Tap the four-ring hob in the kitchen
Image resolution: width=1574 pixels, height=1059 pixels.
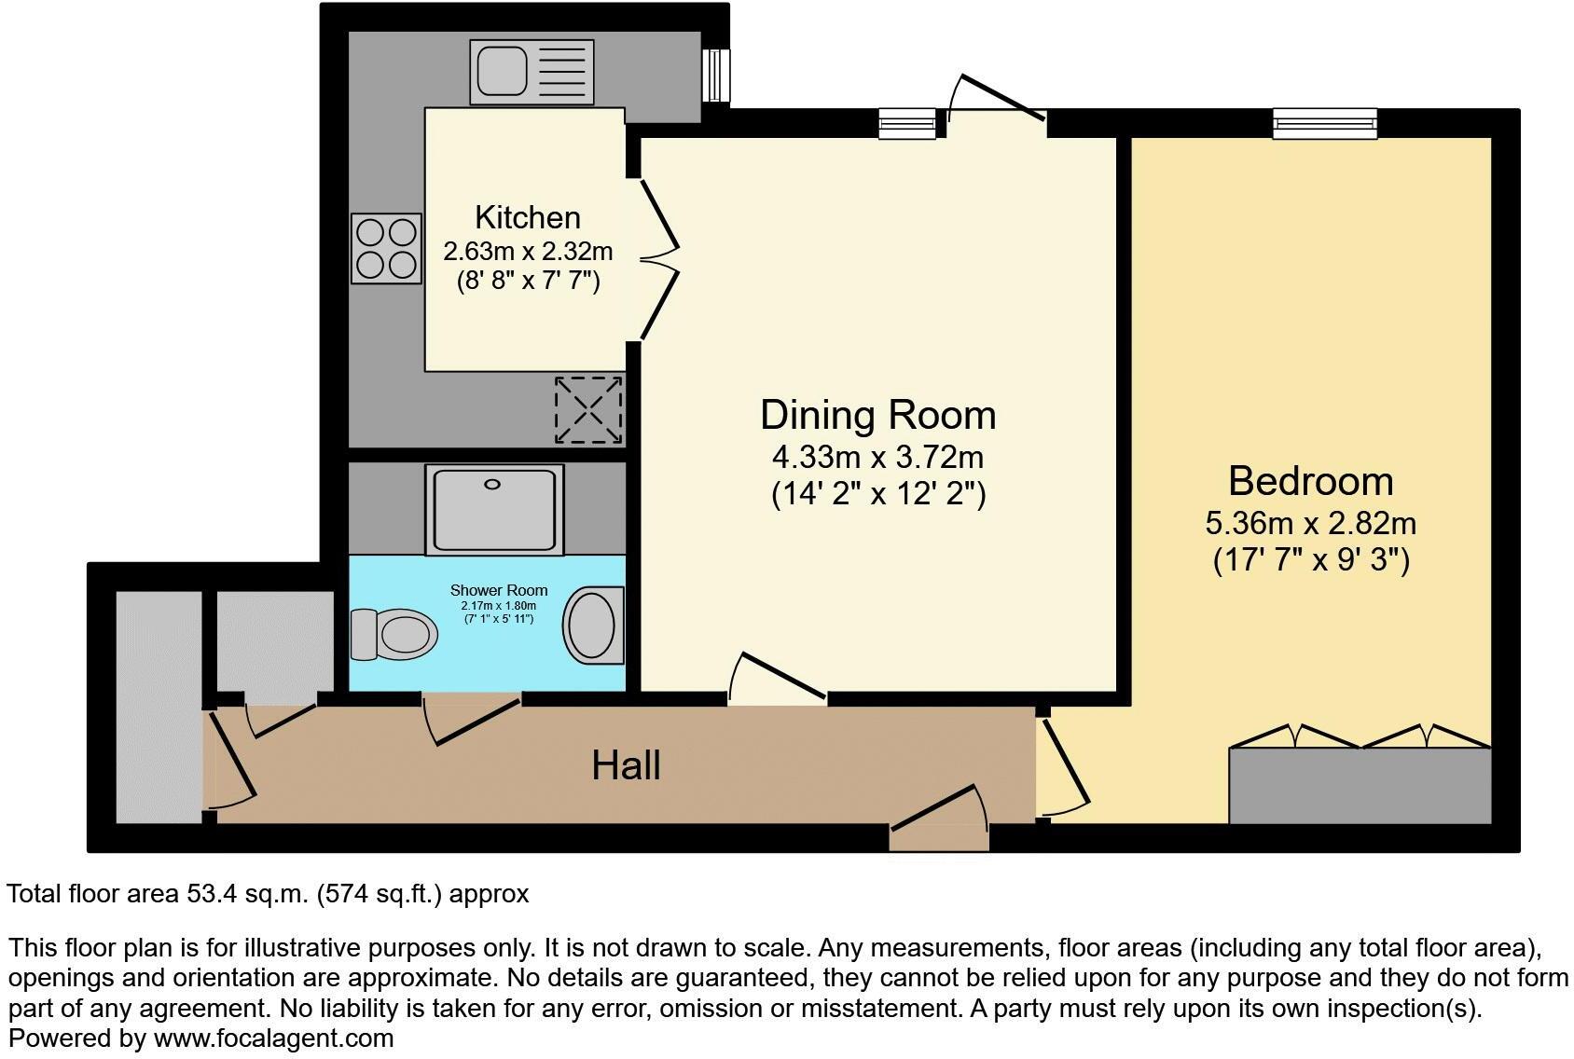[x=386, y=248]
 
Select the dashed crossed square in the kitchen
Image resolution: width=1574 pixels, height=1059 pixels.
[x=588, y=409]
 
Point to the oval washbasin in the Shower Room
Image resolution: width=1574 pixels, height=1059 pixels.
[x=592, y=625]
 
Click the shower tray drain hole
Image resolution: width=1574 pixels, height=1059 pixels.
[x=493, y=485]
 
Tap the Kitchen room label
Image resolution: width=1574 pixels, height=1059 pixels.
[x=528, y=217]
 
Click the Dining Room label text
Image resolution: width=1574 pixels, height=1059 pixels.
[x=877, y=415]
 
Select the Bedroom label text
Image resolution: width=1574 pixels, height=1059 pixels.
[x=1310, y=481]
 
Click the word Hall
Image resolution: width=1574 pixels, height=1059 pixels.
[x=626, y=765]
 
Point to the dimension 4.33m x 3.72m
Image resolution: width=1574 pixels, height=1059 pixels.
[x=877, y=458]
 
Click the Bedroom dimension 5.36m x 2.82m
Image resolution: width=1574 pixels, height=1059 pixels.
[x=1310, y=523]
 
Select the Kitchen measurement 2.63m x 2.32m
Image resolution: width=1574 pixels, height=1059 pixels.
[x=528, y=252]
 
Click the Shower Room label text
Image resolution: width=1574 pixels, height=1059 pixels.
[x=499, y=590]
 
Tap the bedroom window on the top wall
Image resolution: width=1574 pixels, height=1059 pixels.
[x=1325, y=122]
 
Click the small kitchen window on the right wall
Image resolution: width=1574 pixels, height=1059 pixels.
[x=715, y=75]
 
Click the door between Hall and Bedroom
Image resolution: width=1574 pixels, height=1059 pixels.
[x=1064, y=766]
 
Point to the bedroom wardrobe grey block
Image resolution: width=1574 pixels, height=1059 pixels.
[x=1360, y=786]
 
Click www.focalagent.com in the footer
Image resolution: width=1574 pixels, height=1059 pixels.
[x=273, y=1038]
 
